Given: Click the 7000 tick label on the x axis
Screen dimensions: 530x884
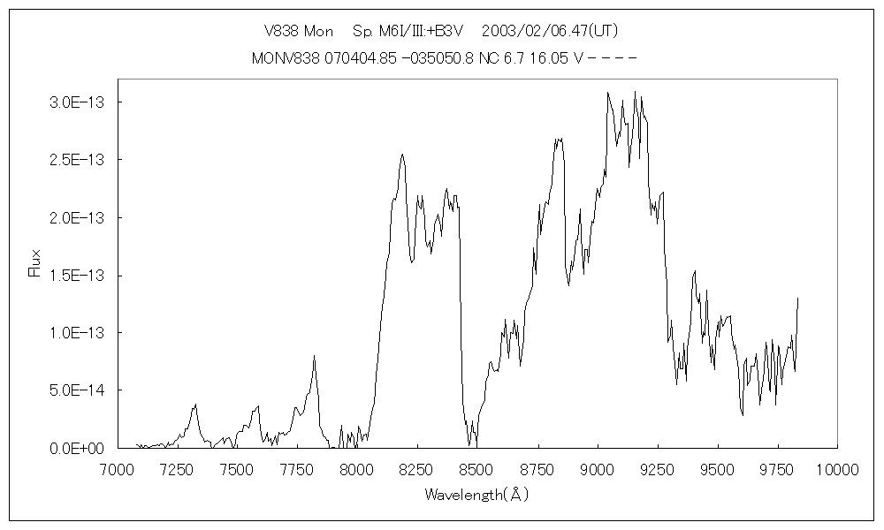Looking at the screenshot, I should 115,469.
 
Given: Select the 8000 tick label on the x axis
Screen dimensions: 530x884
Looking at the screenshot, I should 356,469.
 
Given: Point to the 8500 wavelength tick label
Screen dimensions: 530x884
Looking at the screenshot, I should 476,469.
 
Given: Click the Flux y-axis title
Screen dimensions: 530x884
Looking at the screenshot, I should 35,263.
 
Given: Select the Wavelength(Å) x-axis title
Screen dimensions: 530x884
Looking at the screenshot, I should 476,496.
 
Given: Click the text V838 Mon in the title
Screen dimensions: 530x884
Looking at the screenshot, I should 299,31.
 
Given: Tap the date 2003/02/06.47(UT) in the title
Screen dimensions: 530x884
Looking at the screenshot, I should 550,31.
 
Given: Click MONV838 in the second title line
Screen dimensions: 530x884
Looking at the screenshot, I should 285,58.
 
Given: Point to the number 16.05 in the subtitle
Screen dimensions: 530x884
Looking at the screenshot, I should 553,58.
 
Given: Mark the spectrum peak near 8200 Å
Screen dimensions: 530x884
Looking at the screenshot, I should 403,155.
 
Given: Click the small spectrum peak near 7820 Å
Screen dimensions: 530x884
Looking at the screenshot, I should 314,356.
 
